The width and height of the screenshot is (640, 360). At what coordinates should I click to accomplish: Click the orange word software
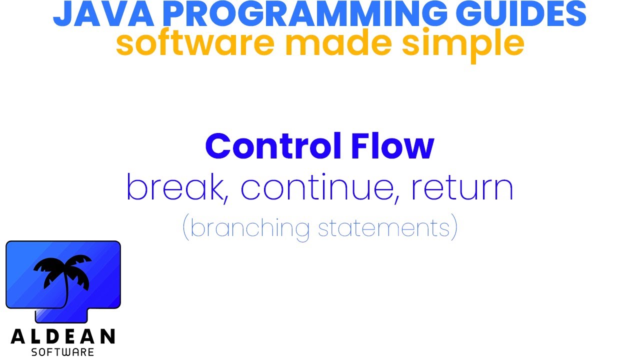click(x=195, y=44)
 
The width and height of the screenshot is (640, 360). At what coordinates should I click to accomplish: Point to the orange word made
click(x=339, y=44)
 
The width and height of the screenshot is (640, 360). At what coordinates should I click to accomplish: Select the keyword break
click(x=174, y=187)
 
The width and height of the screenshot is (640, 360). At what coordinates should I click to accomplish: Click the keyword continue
click(x=320, y=187)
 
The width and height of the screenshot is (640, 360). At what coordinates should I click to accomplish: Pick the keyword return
click(x=462, y=188)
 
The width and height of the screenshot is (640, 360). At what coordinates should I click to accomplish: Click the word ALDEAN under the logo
click(x=63, y=336)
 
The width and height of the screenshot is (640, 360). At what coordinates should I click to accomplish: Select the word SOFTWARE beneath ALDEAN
click(x=63, y=351)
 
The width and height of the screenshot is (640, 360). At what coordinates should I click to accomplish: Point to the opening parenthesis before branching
click(x=186, y=228)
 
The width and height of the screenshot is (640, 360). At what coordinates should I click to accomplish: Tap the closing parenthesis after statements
click(x=454, y=228)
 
